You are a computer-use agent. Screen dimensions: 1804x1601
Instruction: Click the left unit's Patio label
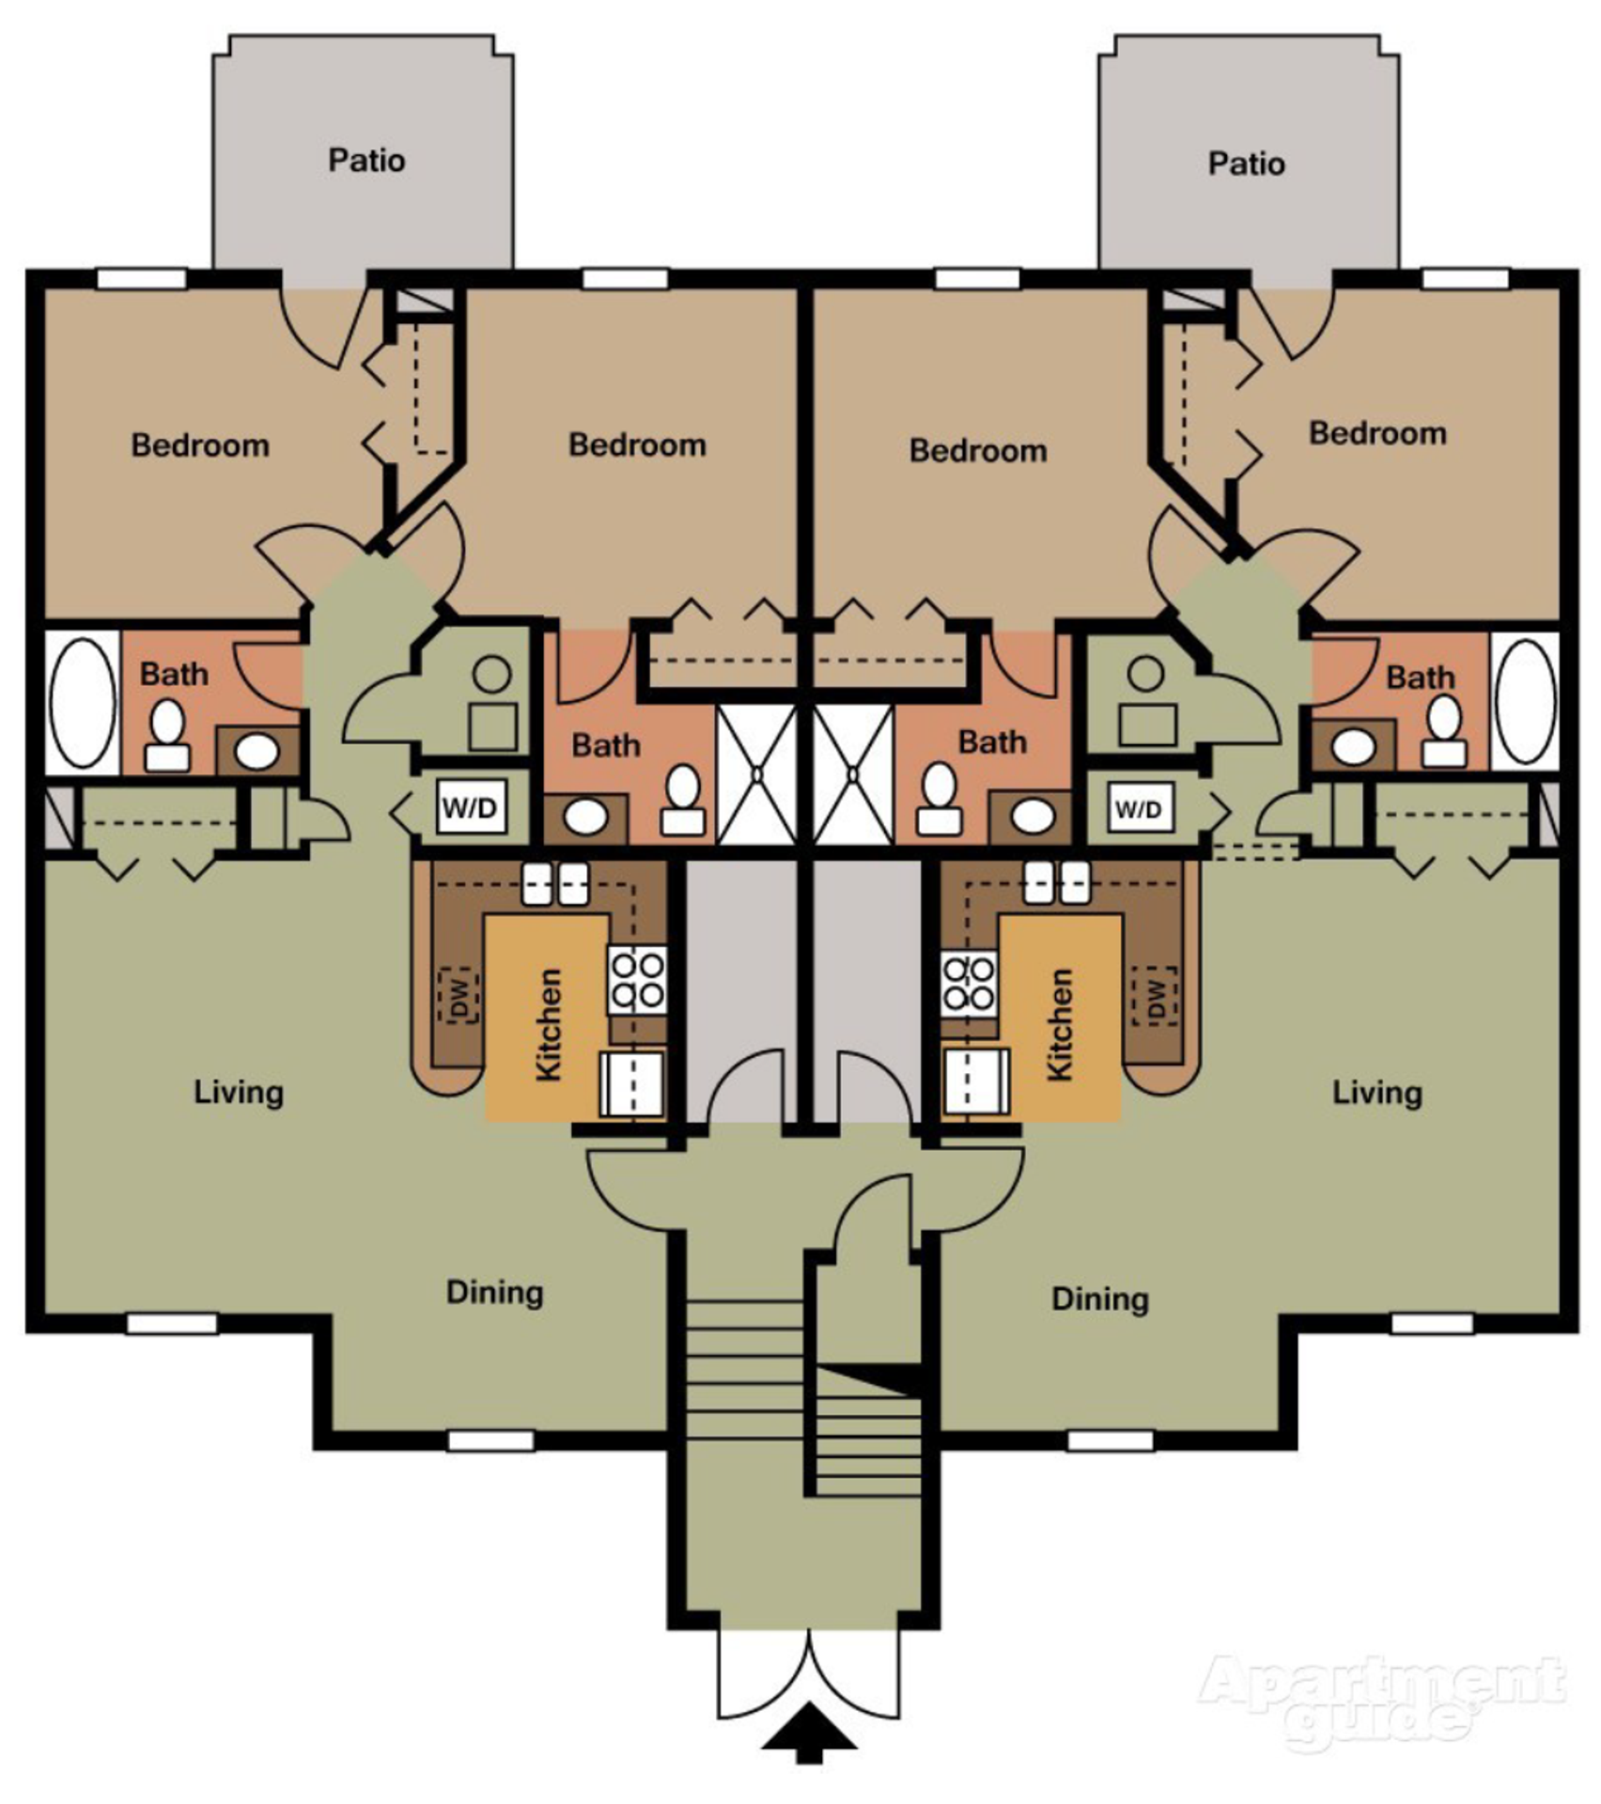(x=366, y=161)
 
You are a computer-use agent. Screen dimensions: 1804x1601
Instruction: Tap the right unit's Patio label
(x=1246, y=164)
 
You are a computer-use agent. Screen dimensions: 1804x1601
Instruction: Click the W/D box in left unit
(x=471, y=807)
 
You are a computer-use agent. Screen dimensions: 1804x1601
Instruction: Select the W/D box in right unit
(x=1138, y=808)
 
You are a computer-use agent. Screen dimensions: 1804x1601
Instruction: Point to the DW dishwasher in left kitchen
(x=459, y=995)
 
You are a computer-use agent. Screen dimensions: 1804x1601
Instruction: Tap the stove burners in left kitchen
(x=638, y=980)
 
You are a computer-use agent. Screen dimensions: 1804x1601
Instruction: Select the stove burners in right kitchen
(x=969, y=981)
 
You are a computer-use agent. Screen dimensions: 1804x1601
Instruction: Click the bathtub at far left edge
(x=82, y=702)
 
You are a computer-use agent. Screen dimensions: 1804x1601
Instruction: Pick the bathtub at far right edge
(x=1524, y=702)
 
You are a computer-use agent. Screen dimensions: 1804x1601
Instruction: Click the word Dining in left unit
(x=494, y=1292)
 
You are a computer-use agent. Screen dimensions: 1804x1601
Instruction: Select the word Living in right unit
(x=1376, y=1093)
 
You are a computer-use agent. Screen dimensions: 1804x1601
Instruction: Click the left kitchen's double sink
(x=554, y=884)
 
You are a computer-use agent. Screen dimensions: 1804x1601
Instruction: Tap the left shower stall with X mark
(x=756, y=774)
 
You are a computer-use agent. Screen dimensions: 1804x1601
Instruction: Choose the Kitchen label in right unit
(x=1059, y=1024)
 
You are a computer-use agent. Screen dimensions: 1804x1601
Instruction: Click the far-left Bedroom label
(x=200, y=445)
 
